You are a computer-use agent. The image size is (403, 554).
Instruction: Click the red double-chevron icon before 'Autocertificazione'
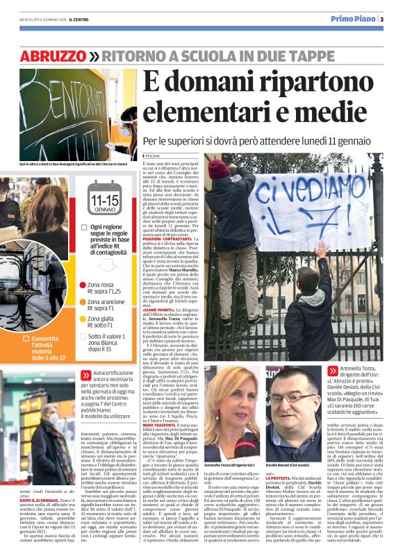[85, 373]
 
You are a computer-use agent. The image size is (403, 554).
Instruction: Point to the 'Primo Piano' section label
[363, 19]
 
